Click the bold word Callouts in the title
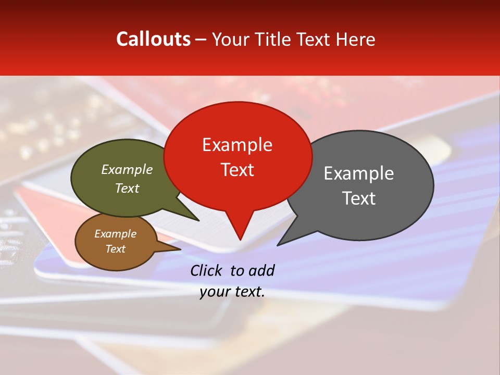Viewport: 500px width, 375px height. point(153,39)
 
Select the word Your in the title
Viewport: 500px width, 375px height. point(231,40)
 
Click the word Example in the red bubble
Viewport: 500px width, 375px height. point(238,145)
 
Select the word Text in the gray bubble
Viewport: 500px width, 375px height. point(359,198)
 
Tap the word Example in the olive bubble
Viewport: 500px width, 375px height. point(127,170)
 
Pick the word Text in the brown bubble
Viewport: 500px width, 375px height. point(116,249)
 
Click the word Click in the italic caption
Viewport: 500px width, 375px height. point(207,270)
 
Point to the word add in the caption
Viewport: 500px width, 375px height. point(261,270)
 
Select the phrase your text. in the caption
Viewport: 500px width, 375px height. point(232,292)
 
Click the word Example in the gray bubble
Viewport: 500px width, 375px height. point(359,173)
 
